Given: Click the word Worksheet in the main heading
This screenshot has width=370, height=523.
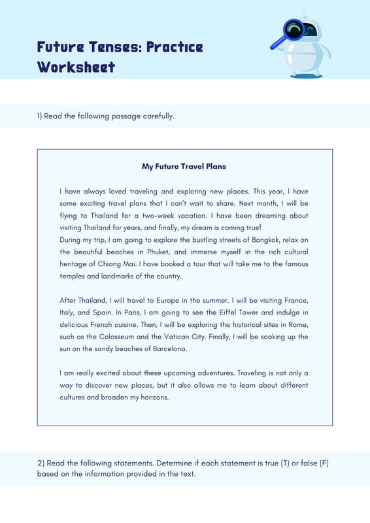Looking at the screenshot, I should (x=76, y=67).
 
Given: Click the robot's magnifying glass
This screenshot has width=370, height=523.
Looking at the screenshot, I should (x=290, y=33).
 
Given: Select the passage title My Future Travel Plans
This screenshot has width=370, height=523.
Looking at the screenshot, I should (x=184, y=166).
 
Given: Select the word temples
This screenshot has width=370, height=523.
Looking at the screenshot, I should (x=74, y=276).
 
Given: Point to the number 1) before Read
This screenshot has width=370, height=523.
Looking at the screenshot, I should (x=39, y=116).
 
